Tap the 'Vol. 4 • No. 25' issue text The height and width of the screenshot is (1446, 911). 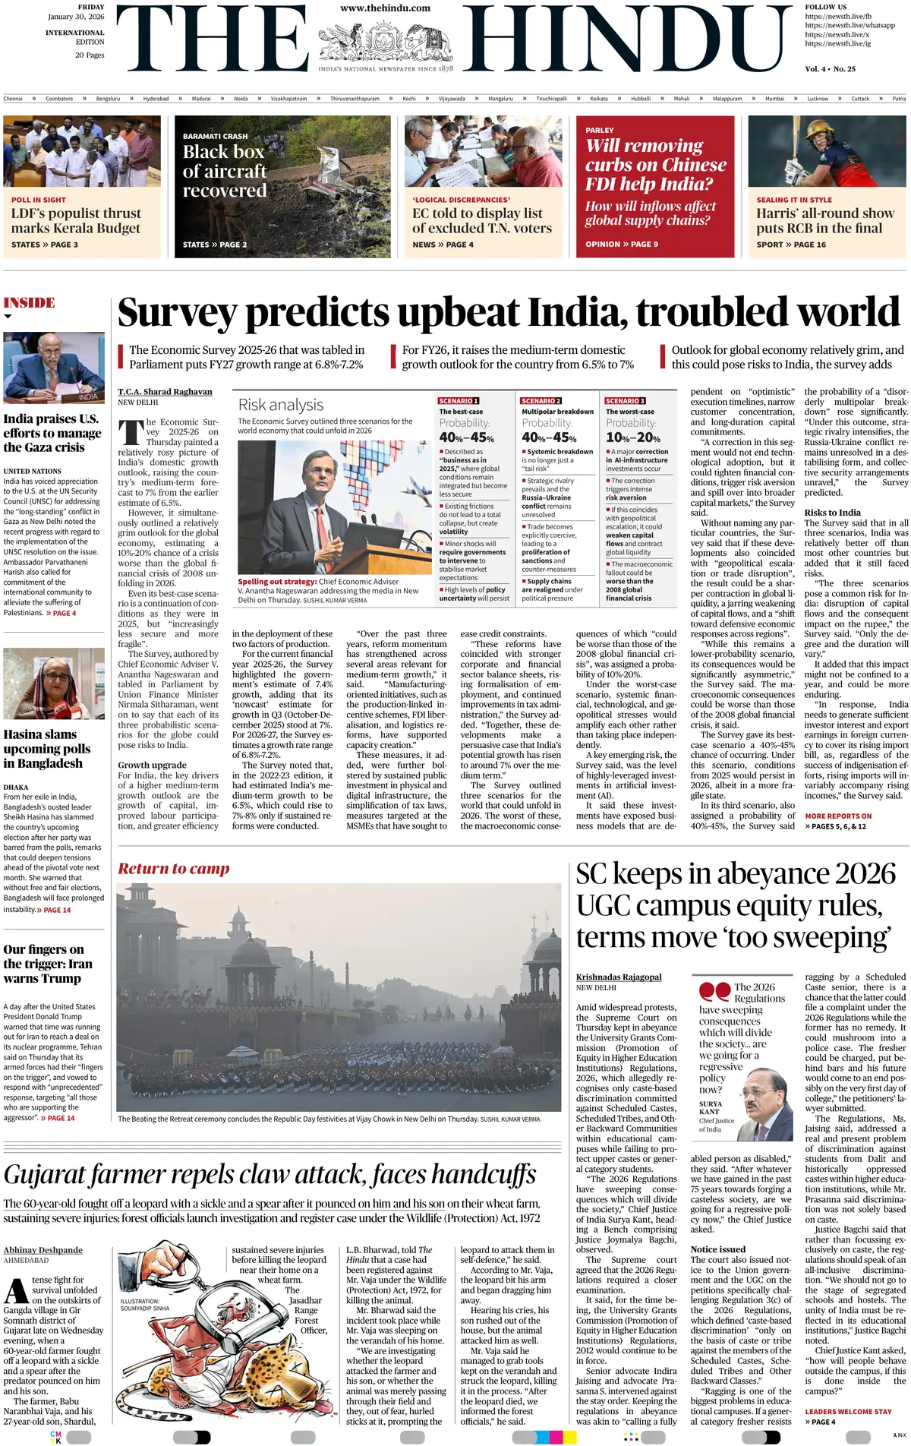pos(830,69)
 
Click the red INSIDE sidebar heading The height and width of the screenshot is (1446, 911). pos(30,303)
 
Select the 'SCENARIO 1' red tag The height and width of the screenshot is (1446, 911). pos(459,401)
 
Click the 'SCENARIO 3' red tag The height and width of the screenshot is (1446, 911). pos(626,401)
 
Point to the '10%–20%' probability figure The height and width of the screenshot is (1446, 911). pos(633,438)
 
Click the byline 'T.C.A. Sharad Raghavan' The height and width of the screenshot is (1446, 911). pos(165,392)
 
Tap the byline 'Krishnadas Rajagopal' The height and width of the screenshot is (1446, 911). pos(619,977)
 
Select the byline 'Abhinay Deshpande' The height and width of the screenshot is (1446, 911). pos(43,1250)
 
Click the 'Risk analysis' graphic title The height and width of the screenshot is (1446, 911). pos(281,406)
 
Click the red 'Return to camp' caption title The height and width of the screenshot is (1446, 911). pos(174,869)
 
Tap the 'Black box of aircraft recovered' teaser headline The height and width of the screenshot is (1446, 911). pos(225,171)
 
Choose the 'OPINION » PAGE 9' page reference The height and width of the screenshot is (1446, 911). pos(622,245)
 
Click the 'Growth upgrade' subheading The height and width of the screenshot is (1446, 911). pos(152,765)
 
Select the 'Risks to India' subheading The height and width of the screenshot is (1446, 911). pos(833,513)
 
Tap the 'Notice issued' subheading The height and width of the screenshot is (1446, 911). pos(718,1249)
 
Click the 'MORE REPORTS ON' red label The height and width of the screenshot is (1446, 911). pos(838,816)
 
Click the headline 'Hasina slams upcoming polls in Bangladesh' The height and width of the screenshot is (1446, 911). pos(47,749)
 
